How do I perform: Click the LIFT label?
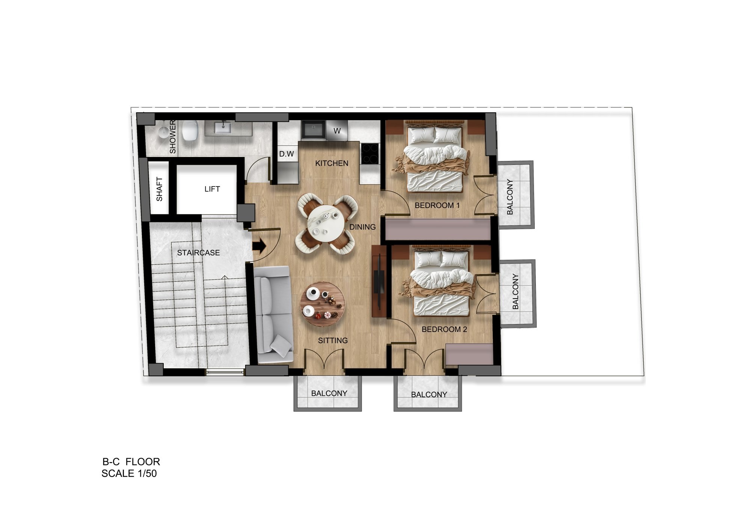[x=212, y=189]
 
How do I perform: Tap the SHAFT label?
[x=160, y=189]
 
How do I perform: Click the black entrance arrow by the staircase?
[x=259, y=246]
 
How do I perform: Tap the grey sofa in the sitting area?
[x=273, y=315]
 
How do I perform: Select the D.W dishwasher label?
[x=287, y=154]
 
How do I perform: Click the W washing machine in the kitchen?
[x=337, y=131]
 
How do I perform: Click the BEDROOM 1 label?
[x=437, y=205]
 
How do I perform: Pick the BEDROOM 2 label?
[x=444, y=329]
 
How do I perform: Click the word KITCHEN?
[x=332, y=163]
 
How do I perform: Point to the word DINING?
[x=362, y=227]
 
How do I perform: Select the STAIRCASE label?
[x=198, y=253]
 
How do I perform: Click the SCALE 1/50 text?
[x=129, y=474]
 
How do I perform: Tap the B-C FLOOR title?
[x=131, y=462]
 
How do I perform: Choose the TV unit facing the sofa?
[x=379, y=282]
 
